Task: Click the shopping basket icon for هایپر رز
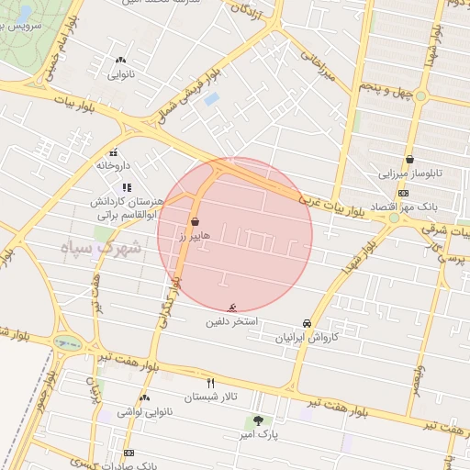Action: click(x=195, y=221)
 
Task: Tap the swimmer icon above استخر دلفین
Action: click(x=231, y=307)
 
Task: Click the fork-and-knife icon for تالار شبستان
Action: click(x=211, y=383)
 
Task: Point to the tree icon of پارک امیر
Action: click(x=258, y=421)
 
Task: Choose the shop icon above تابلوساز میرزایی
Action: click(x=409, y=159)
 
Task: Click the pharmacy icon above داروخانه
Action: click(x=114, y=153)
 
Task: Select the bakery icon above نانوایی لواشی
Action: click(x=144, y=398)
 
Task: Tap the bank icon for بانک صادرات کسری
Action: click(x=129, y=453)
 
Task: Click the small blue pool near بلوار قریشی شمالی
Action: click(x=212, y=98)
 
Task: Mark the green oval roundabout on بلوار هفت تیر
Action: click(x=67, y=344)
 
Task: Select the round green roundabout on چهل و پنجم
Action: click(x=420, y=95)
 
